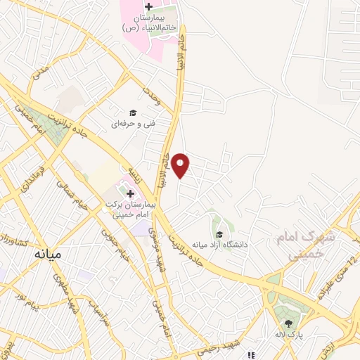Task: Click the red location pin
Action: (181, 165)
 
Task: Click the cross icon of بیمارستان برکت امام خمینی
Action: (131, 192)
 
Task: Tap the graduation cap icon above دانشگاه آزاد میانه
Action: (219, 234)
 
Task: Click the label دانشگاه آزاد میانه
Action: (218, 245)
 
